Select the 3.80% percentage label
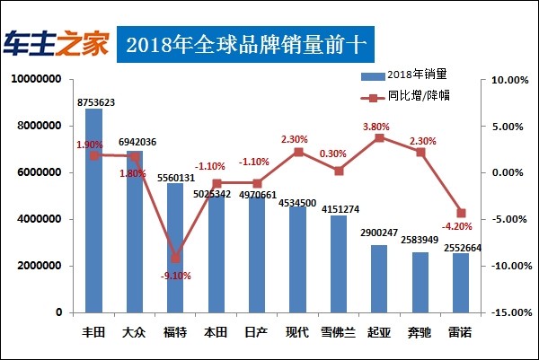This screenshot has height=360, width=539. pos(379,127)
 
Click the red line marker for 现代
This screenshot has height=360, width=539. pos(298,152)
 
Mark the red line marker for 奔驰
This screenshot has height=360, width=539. pos(420,152)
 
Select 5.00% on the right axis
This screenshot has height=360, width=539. pos(506,127)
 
